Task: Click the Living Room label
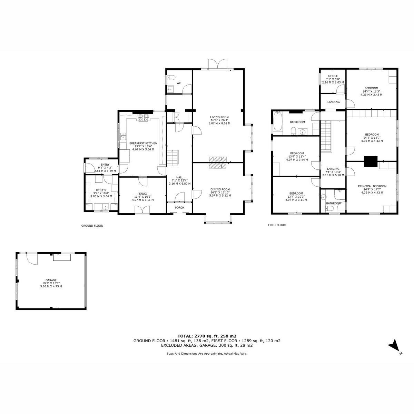point(219,117)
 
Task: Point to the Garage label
point(51,280)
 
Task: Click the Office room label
point(333,76)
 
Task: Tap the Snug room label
point(142,194)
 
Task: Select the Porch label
point(179,208)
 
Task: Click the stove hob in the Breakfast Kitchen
point(143,117)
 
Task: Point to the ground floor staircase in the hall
point(173,158)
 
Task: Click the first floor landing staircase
point(326,136)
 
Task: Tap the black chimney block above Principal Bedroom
point(371,161)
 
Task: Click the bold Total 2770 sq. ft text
point(207,336)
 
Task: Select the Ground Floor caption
point(92,226)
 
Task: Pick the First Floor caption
point(277,225)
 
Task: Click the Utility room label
point(101,190)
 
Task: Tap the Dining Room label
point(220,189)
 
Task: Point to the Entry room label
point(105,165)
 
